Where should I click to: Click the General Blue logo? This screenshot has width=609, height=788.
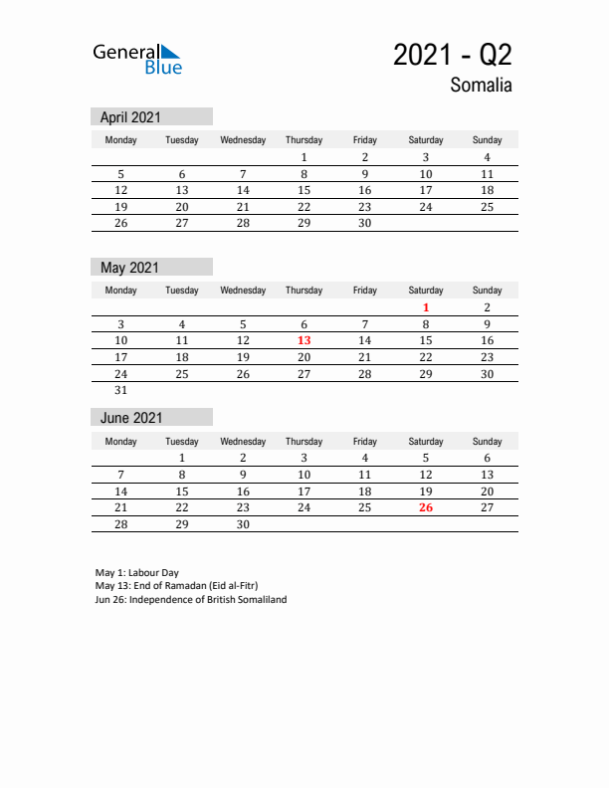tap(137, 59)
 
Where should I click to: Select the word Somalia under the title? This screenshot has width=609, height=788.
tap(481, 86)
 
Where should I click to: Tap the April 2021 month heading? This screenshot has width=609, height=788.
tap(130, 117)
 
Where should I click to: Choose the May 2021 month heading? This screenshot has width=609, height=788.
tap(129, 268)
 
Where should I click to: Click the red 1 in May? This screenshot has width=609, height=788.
tap(426, 308)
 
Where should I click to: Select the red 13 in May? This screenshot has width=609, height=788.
tap(304, 340)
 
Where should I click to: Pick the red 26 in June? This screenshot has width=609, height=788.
tap(426, 507)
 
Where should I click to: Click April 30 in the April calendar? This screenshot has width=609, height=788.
tap(364, 224)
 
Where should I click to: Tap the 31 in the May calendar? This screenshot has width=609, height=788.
tap(121, 390)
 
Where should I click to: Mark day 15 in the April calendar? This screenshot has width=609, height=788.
tap(304, 190)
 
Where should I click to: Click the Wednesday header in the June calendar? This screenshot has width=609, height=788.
tap(243, 442)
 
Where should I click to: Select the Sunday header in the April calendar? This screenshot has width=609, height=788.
tap(487, 140)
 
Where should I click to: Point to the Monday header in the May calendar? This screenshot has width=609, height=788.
tap(121, 291)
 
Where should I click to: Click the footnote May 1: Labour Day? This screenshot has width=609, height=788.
tap(137, 573)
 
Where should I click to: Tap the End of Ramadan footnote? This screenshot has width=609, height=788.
tap(176, 586)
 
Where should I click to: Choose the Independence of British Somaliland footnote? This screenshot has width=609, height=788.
tap(191, 600)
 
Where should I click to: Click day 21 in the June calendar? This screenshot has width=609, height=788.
tap(121, 507)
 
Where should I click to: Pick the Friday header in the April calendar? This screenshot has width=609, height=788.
tap(364, 140)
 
